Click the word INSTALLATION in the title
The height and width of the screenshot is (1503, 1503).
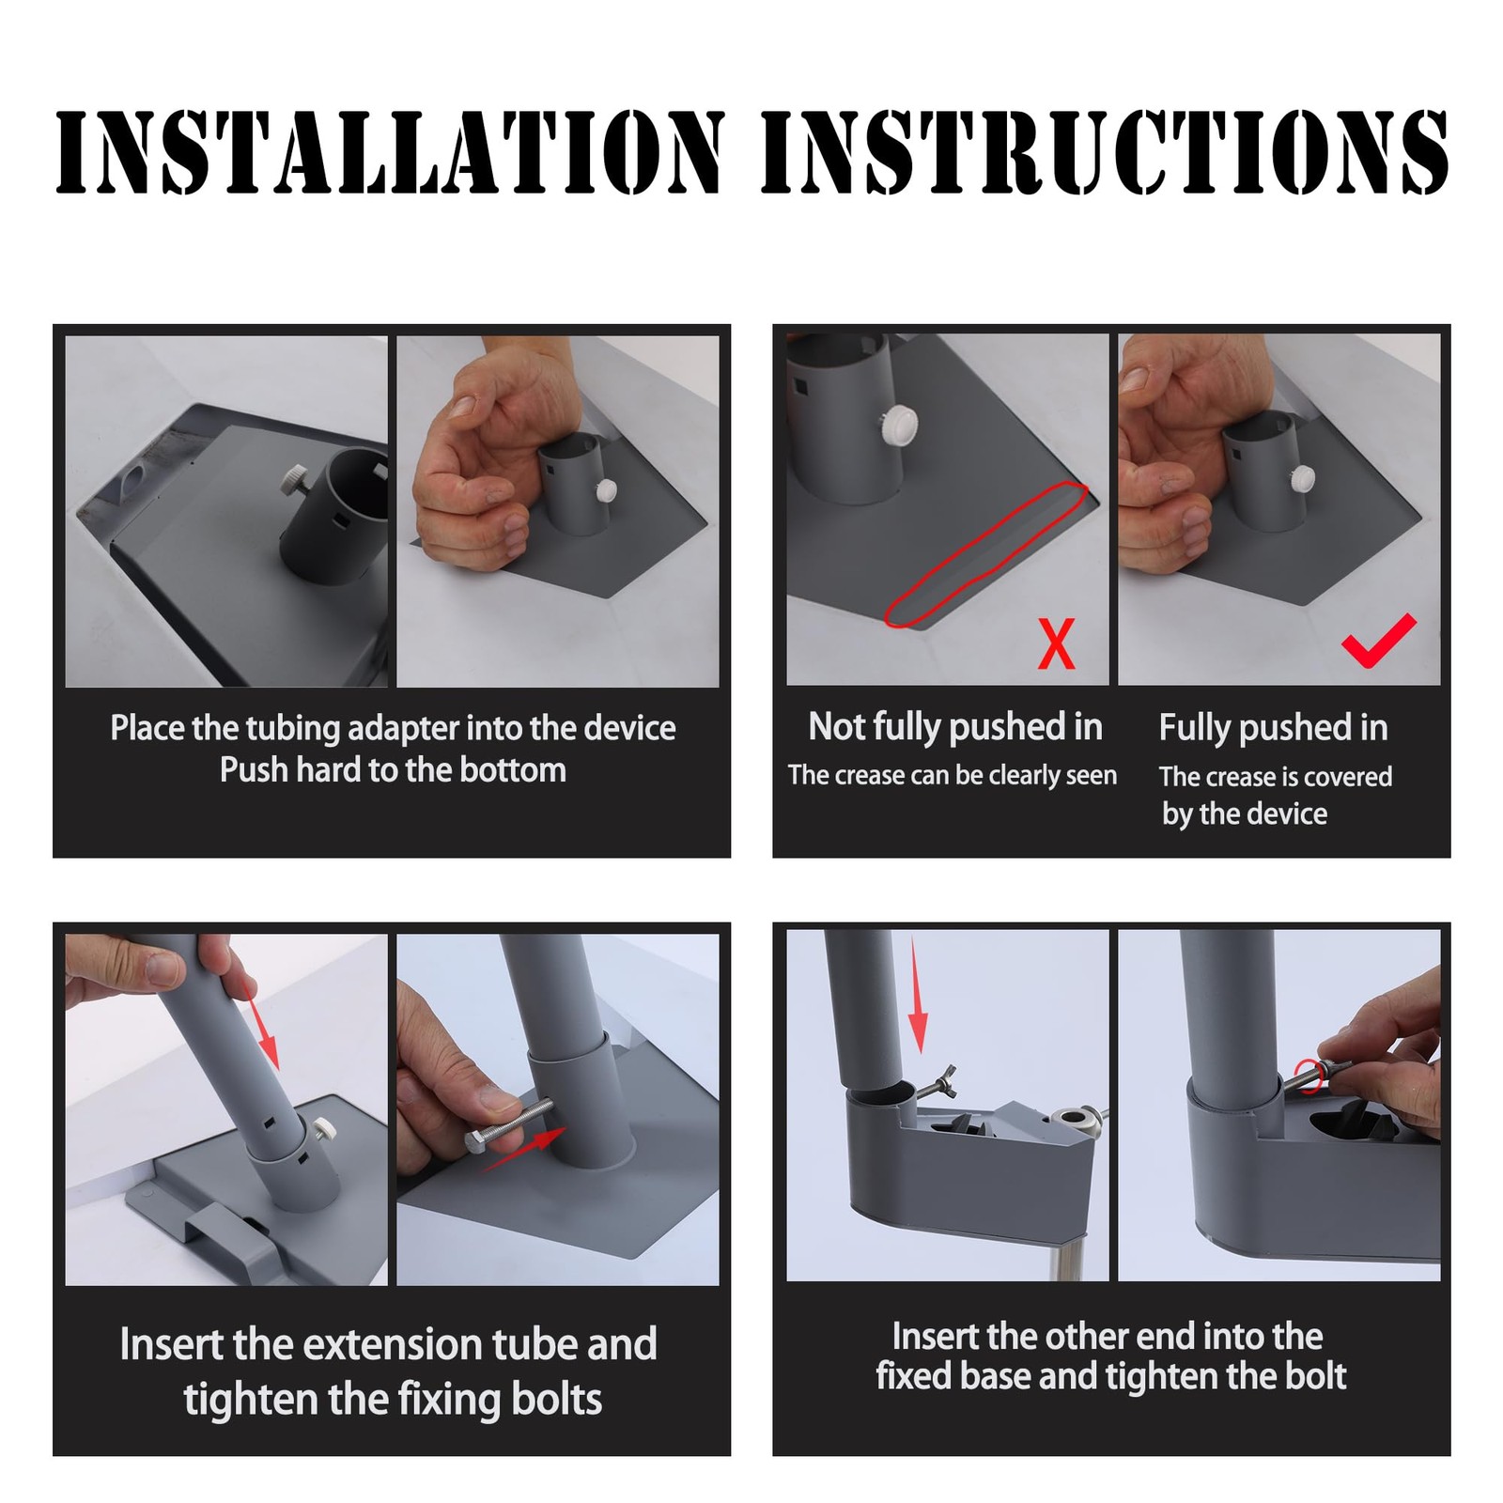[390, 152]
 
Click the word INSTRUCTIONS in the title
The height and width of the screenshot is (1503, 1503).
[1105, 152]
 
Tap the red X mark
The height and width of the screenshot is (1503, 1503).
[1056, 643]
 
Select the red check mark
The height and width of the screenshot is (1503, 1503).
[1378, 639]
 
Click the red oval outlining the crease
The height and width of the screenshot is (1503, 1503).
[986, 553]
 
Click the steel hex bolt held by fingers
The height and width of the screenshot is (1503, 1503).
[513, 1125]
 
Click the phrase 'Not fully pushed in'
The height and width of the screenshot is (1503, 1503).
[955, 727]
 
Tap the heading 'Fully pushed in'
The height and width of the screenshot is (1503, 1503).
[1273, 728]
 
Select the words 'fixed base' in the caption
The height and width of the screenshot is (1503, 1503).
[953, 1376]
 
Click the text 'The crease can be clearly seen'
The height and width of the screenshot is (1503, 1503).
[953, 776]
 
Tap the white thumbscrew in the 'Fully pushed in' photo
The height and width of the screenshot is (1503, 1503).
[1303, 478]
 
